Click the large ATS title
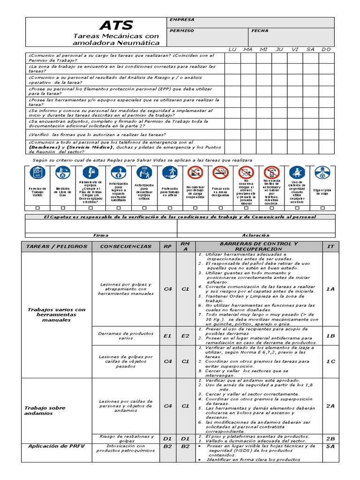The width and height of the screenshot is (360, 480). [116, 25]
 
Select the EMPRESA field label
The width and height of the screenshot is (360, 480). [182, 20]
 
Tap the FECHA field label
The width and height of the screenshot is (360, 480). [260, 30]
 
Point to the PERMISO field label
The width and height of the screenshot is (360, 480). [181, 30]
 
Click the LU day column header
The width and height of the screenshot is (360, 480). [232, 49]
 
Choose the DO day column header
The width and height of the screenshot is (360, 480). [326, 49]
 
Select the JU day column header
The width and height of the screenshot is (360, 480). [279, 49]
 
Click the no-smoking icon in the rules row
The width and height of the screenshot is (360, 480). [220, 172]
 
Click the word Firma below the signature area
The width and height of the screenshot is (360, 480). [101, 235]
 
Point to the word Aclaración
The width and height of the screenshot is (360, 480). [256, 235]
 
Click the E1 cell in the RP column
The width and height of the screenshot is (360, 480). [168, 336]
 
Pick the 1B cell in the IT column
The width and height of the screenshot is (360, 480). [330, 336]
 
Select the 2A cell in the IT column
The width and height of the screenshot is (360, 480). [330, 406]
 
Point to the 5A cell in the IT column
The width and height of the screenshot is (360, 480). [330, 447]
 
